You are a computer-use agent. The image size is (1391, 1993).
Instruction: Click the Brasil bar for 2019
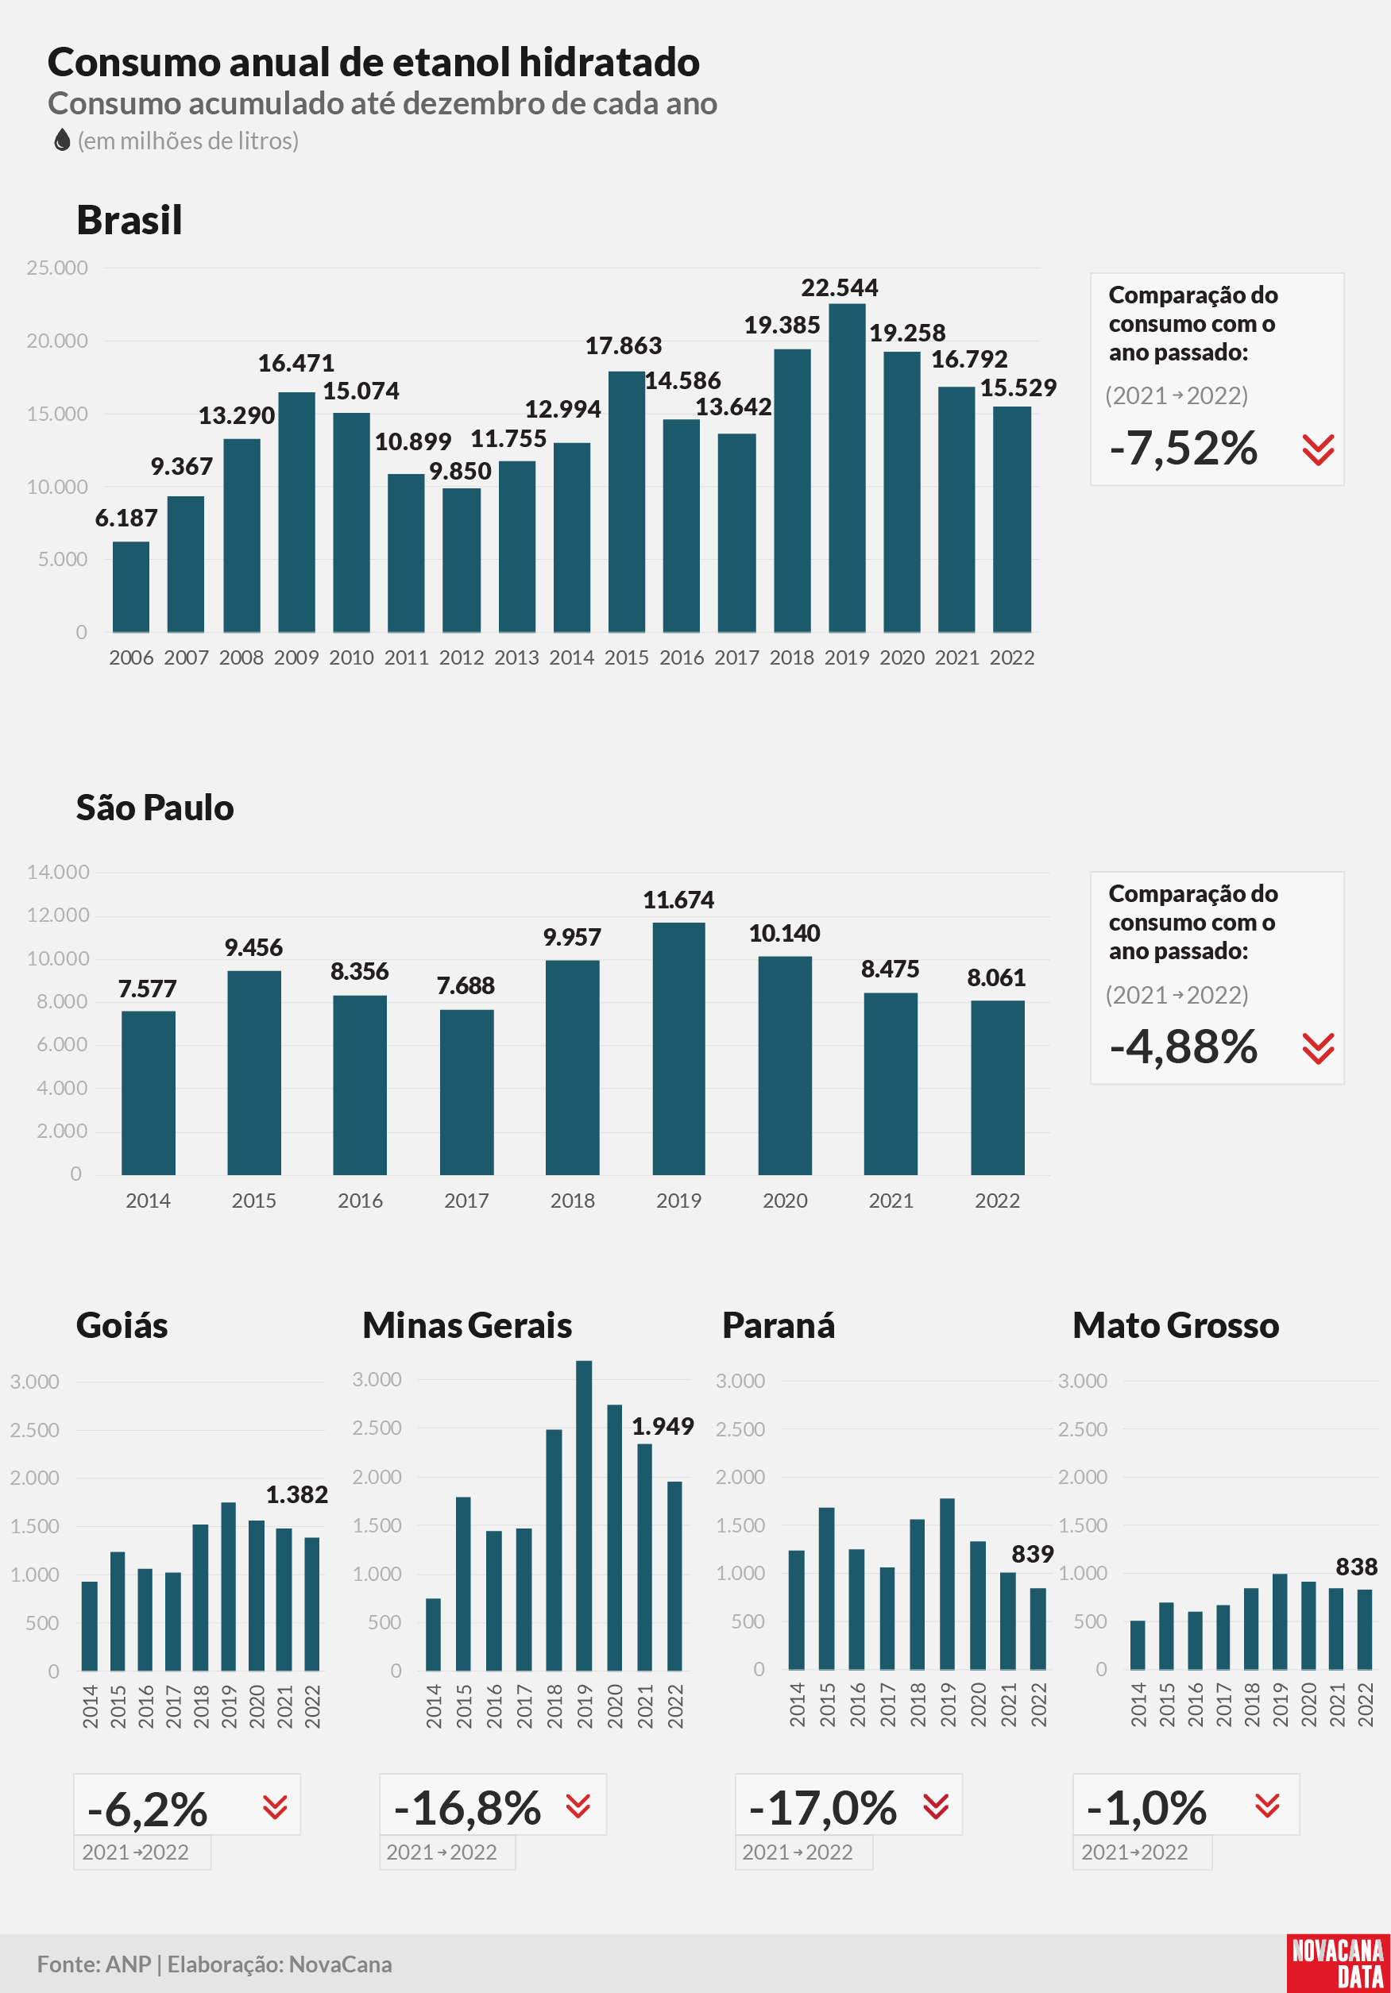coord(847,468)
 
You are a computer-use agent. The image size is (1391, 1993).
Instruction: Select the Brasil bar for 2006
coord(130,587)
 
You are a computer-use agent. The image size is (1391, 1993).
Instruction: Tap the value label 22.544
coord(839,287)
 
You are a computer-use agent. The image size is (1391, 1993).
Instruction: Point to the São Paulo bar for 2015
coord(253,1073)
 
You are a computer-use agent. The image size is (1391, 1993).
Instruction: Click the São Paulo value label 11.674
coord(678,900)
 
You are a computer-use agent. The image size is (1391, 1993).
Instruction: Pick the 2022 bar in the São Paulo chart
coord(997,1088)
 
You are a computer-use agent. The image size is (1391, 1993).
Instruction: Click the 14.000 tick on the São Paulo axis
coord(58,873)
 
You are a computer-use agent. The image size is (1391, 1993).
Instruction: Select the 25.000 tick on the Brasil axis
coord(57,268)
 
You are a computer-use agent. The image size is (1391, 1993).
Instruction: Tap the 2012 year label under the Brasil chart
coord(461,658)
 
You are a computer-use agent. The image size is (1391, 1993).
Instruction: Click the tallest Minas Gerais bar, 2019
coord(584,1516)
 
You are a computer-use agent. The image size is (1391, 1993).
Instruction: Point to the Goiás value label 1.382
coord(297,1494)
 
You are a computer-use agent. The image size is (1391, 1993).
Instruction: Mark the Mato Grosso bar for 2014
coord(1138,1645)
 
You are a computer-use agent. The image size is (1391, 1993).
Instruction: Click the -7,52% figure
coord(1184,448)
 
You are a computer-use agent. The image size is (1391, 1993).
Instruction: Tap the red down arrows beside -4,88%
coord(1318,1049)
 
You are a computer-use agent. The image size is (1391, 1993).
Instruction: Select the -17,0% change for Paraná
coord(822,1808)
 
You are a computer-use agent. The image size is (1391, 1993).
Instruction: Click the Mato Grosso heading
coord(1176,1325)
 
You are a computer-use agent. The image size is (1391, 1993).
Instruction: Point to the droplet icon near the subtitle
coord(62,140)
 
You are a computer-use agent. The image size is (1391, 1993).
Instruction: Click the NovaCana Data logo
coord(1338,1964)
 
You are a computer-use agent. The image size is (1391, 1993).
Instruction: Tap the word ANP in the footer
coord(129,1964)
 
